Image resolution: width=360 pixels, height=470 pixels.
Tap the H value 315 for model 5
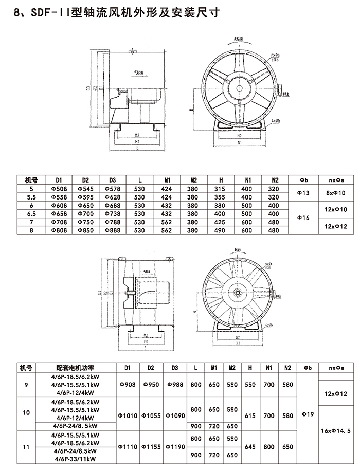click(221, 189)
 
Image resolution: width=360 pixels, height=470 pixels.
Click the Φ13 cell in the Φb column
click(303, 193)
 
